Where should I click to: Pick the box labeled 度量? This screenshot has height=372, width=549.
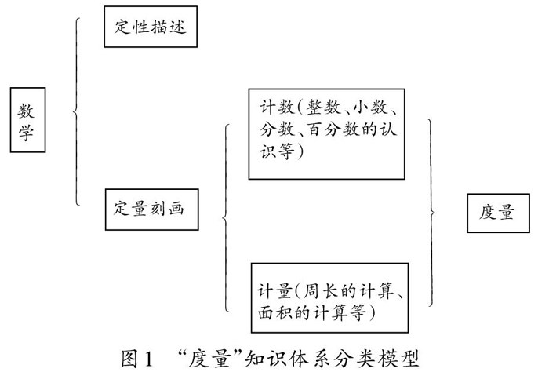click(x=496, y=213)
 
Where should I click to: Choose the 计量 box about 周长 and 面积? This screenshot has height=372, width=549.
click(x=330, y=297)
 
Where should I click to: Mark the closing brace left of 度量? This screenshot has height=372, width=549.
click(x=431, y=212)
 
